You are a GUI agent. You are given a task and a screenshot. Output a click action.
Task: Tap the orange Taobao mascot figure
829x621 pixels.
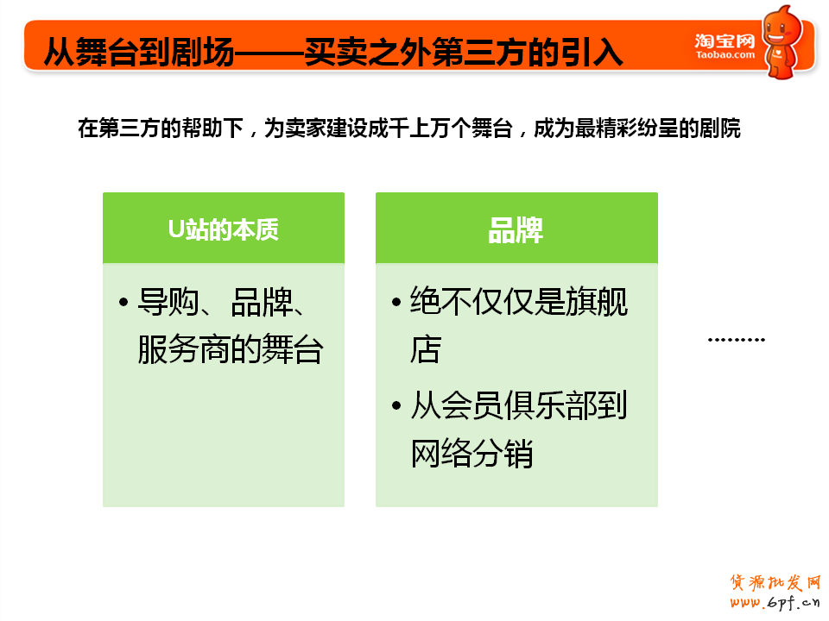[x=782, y=42]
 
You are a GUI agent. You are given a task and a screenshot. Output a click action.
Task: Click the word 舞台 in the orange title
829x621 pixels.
[x=107, y=53]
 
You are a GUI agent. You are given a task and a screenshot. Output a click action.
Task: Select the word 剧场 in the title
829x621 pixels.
[x=202, y=53]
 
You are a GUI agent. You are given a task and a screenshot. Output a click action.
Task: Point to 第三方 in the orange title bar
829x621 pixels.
[x=479, y=53]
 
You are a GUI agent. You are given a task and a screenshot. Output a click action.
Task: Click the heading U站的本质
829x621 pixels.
[x=224, y=229]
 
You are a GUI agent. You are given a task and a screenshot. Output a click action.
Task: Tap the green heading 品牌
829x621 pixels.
[x=516, y=230]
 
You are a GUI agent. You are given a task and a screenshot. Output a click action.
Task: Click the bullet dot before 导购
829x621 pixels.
[x=123, y=302]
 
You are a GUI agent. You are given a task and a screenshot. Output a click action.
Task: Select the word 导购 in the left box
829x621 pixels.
[x=168, y=302]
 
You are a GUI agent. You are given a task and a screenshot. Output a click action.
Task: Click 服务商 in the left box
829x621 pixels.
[x=184, y=349]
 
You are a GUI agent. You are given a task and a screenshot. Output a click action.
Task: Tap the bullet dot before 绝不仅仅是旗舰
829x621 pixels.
[x=396, y=302]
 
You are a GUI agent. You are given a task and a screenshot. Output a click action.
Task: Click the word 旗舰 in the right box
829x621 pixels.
[x=597, y=302]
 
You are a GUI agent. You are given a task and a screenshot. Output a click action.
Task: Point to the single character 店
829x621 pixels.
[x=426, y=349]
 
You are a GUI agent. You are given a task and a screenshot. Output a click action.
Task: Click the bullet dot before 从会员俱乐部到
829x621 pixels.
[x=396, y=405]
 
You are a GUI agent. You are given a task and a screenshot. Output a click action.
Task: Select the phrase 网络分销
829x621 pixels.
[x=471, y=453]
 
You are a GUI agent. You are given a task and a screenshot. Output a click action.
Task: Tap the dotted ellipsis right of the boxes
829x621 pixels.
[x=737, y=340]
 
